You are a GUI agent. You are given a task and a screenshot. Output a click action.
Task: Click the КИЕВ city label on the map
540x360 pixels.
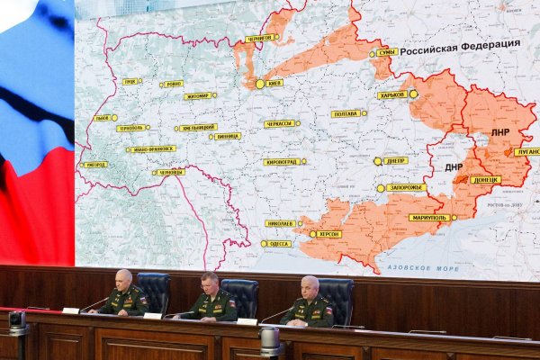pyautogui.click(x=274, y=83)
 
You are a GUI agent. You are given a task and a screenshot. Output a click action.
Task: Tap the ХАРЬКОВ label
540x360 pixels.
pyautogui.click(x=392, y=94)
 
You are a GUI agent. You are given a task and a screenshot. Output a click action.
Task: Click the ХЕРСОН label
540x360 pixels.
pyautogui.click(x=328, y=234)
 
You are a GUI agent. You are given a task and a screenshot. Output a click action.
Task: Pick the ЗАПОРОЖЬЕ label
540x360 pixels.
pyautogui.click(x=406, y=188)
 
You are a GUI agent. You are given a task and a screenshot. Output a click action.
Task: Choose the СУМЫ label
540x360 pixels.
pyautogui.click(x=387, y=52)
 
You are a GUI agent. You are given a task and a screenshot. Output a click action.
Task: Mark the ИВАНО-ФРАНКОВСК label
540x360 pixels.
pyautogui.click(x=153, y=148)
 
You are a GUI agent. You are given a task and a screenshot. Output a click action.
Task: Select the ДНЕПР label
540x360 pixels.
pyautogui.click(x=395, y=161)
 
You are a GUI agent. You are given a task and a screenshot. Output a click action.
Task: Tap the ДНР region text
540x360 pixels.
pyautogui.click(x=453, y=166)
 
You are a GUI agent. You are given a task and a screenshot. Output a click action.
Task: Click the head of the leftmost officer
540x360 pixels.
pyautogui.click(x=123, y=280)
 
